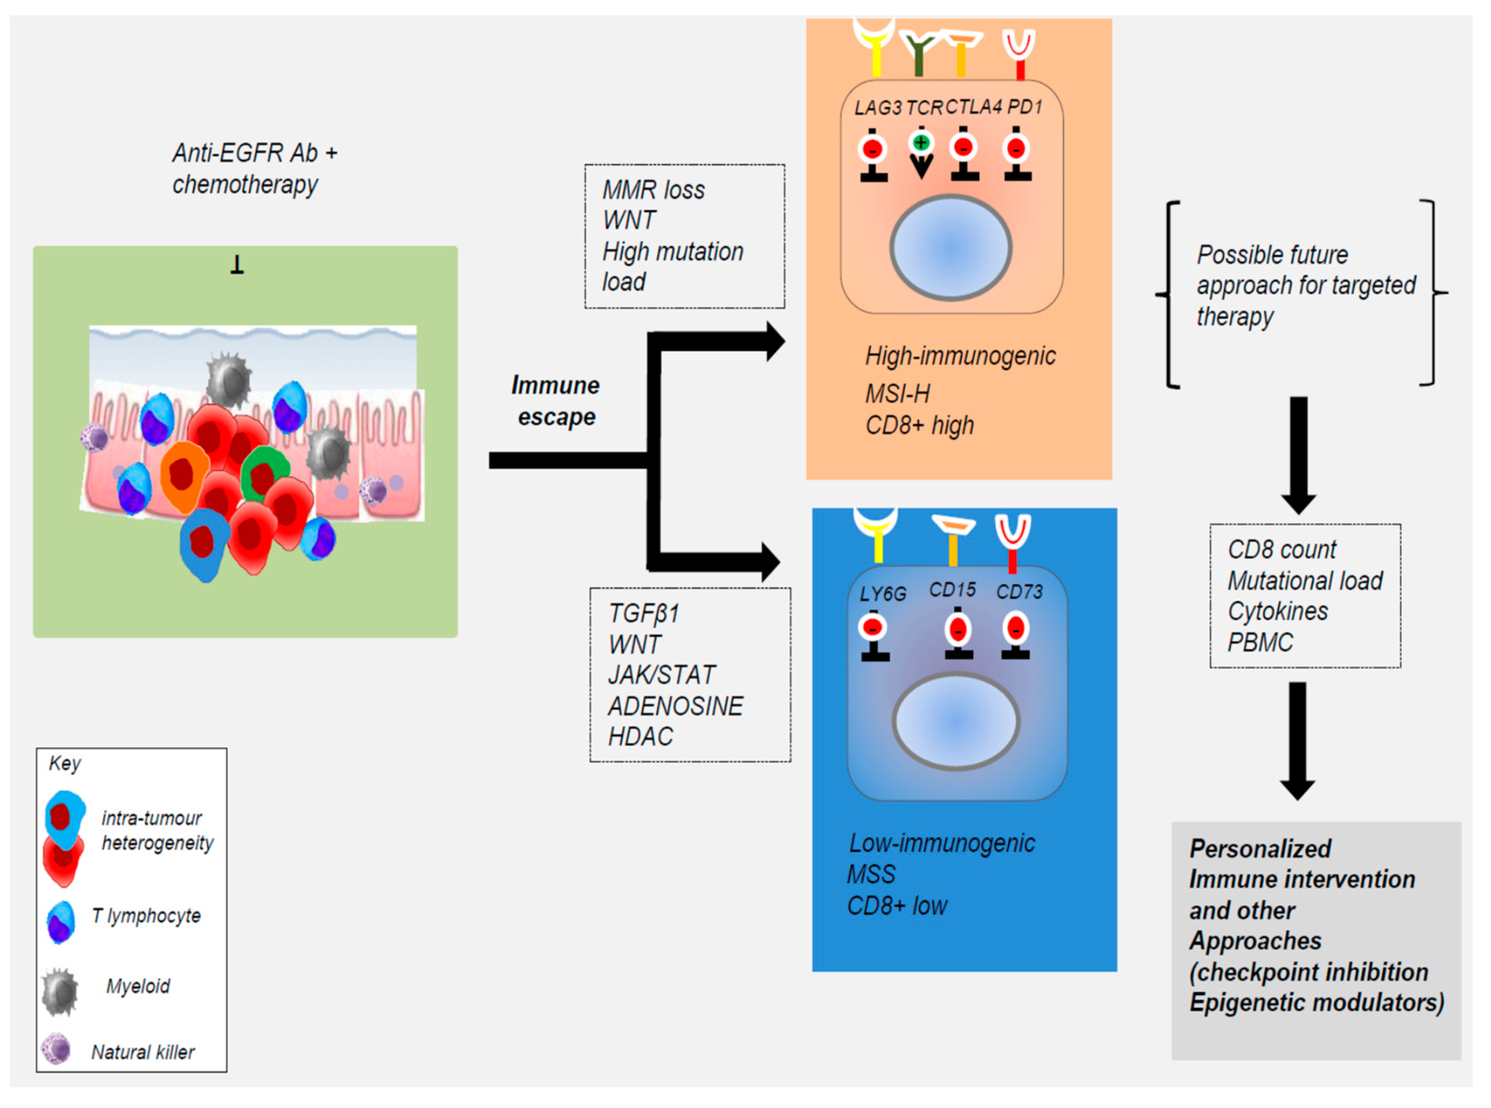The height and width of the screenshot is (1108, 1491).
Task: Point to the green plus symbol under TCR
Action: [922, 143]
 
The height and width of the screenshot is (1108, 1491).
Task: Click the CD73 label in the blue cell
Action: [1019, 591]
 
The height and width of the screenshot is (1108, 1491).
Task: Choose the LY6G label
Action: [882, 594]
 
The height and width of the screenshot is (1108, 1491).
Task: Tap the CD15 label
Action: [952, 590]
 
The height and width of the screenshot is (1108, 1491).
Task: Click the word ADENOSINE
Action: [675, 706]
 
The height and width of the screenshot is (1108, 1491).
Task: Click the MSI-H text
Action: [897, 394]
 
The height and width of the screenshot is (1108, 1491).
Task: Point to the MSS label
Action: [871, 875]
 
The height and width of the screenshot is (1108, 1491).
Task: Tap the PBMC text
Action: [1259, 643]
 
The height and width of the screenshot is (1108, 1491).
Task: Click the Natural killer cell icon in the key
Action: [56, 1049]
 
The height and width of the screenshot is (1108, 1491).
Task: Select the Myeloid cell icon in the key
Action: [60, 991]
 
